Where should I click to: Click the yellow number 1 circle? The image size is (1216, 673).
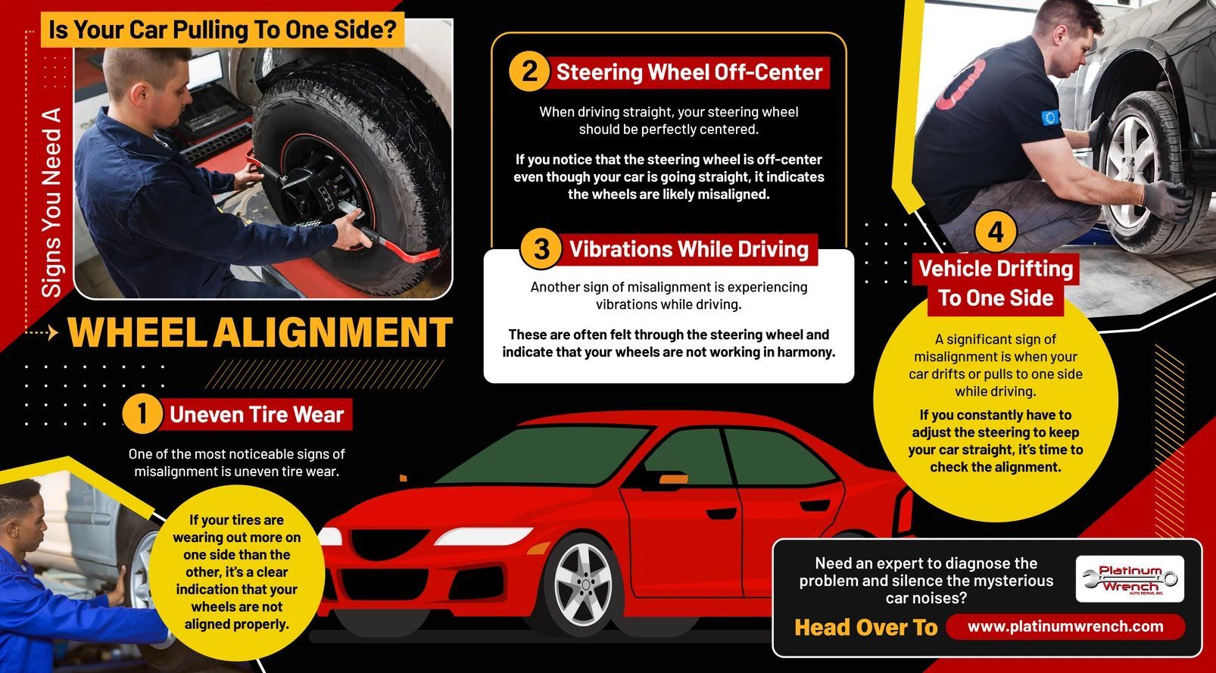point(142,414)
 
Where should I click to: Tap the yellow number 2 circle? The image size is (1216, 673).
point(528,72)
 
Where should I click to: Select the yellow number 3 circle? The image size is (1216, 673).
point(541,248)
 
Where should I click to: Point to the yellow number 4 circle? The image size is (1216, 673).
point(995,231)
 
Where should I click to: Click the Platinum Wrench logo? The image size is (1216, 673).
point(1130,579)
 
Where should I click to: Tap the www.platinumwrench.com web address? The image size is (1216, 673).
point(1065,626)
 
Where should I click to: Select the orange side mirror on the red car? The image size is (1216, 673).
point(672,478)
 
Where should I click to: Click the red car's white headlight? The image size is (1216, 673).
point(329,537)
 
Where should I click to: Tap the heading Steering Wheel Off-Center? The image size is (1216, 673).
point(688,73)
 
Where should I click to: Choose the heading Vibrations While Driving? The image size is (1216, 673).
point(688,249)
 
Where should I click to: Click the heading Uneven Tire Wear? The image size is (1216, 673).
point(256,414)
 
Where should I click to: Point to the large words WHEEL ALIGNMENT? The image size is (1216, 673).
point(260,333)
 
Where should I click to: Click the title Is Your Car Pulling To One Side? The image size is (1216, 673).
point(222,30)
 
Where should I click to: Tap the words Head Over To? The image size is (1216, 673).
point(865,627)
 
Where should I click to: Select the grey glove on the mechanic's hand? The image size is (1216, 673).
point(1163,201)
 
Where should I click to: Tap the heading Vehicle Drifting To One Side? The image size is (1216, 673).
point(995,283)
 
